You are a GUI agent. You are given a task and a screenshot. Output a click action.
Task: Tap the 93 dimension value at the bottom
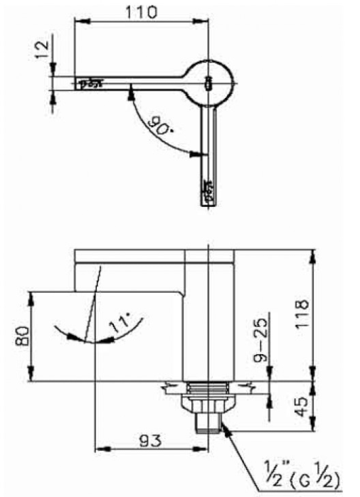tap(148, 439)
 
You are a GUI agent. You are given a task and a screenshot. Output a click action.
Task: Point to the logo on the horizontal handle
tap(91, 82)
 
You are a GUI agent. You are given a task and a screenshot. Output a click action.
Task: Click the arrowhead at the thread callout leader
tap(224, 427)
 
